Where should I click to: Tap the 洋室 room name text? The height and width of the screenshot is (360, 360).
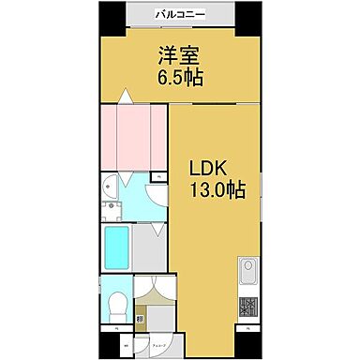click(x=180, y=54)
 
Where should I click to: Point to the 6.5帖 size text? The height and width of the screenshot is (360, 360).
click(x=180, y=76)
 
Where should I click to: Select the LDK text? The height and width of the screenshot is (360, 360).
click(x=209, y=168)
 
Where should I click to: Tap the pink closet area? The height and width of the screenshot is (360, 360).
click(x=133, y=135)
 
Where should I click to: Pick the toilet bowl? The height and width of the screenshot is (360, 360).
click(x=116, y=303)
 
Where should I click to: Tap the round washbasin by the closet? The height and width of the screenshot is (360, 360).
click(x=112, y=184)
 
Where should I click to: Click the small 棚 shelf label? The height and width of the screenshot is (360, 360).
click(x=140, y=319)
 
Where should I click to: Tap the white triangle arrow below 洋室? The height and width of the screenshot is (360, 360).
click(x=124, y=95)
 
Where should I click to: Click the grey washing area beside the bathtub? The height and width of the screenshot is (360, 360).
click(x=150, y=247)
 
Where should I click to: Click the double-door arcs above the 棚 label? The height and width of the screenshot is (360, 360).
click(x=154, y=291)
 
